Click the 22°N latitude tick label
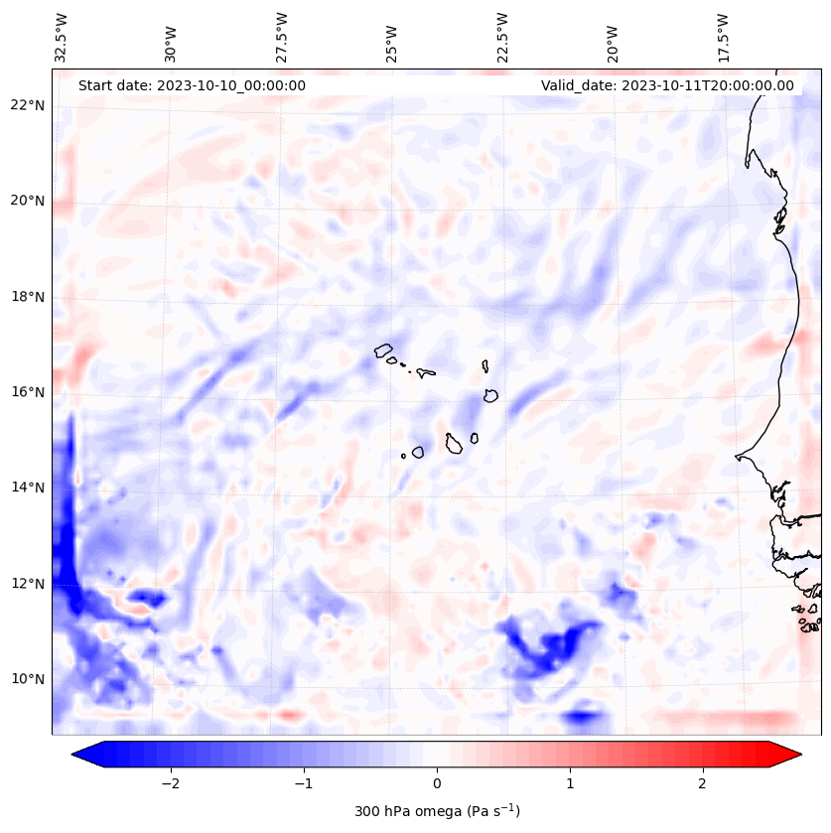coord(27,105)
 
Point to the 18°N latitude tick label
coord(27,297)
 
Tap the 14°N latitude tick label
coord(27,487)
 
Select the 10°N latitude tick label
coord(27,680)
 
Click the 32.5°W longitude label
coord(62,38)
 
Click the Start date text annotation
coord(192,85)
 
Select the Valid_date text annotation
coord(667,85)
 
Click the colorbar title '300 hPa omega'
coord(437,811)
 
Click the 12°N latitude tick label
coord(27,584)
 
